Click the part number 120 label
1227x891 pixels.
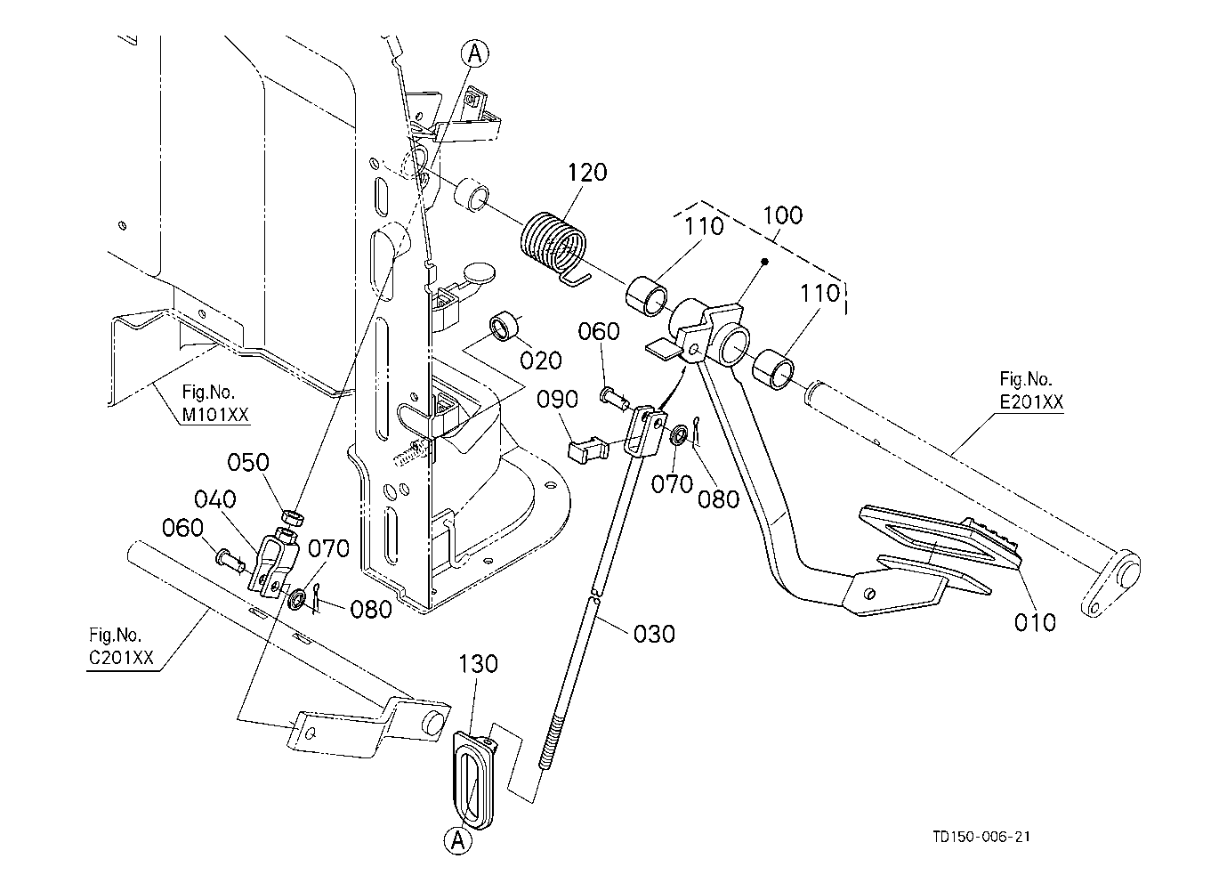tap(587, 173)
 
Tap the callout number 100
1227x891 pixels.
tap(782, 215)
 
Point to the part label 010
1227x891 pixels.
tap(1035, 622)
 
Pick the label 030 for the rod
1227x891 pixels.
tap(654, 634)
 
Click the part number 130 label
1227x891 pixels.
tap(478, 664)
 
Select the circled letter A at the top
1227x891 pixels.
tap(475, 53)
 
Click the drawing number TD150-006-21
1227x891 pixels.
tap(981, 837)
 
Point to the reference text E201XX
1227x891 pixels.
tap(1031, 402)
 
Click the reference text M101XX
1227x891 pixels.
tap(215, 415)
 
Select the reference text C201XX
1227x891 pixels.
tap(121, 658)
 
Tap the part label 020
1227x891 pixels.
tap(541, 360)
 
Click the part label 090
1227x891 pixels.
tap(557, 400)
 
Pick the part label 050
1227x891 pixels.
tap(248, 463)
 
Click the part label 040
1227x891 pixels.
tap(215, 499)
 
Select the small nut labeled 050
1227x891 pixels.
tap(292, 517)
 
